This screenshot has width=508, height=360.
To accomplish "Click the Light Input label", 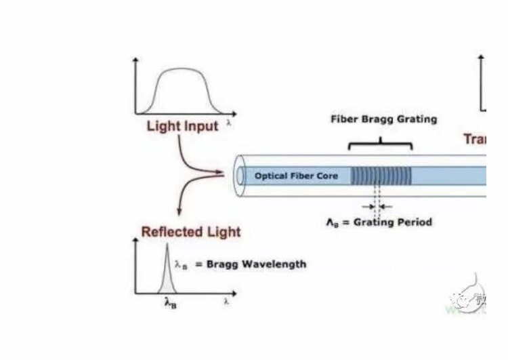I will click(182, 126).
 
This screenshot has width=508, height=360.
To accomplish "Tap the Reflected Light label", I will click(191, 232).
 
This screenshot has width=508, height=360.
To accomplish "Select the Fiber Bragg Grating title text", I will click(383, 119).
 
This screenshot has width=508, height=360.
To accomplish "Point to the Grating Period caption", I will click(379, 222).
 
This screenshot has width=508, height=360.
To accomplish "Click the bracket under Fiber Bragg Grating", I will click(381, 143).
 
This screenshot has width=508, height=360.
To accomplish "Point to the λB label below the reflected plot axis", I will click(171, 304).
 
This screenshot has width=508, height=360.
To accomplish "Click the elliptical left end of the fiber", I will click(240, 176).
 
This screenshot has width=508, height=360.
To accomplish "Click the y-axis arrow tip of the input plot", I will click(136, 60).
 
